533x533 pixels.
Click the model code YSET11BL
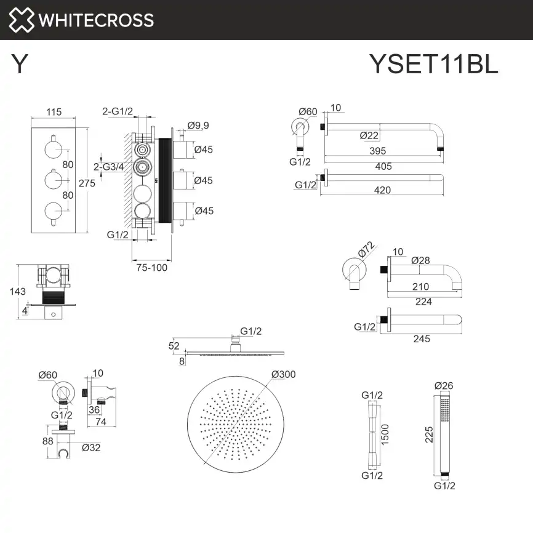(433, 64)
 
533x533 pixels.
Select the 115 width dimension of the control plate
(54, 112)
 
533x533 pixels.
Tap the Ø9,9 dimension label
(198, 126)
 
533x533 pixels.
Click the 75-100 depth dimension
(152, 267)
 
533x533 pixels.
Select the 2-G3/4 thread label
(108, 166)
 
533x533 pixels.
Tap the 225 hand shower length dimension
(430, 435)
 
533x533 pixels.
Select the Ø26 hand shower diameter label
(444, 385)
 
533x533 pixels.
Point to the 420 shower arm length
(382, 191)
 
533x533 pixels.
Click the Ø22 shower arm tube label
(369, 135)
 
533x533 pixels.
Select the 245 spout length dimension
(422, 339)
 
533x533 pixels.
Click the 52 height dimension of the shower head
(175, 347)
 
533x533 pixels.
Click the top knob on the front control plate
(54, 148)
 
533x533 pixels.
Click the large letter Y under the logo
(20, 64)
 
